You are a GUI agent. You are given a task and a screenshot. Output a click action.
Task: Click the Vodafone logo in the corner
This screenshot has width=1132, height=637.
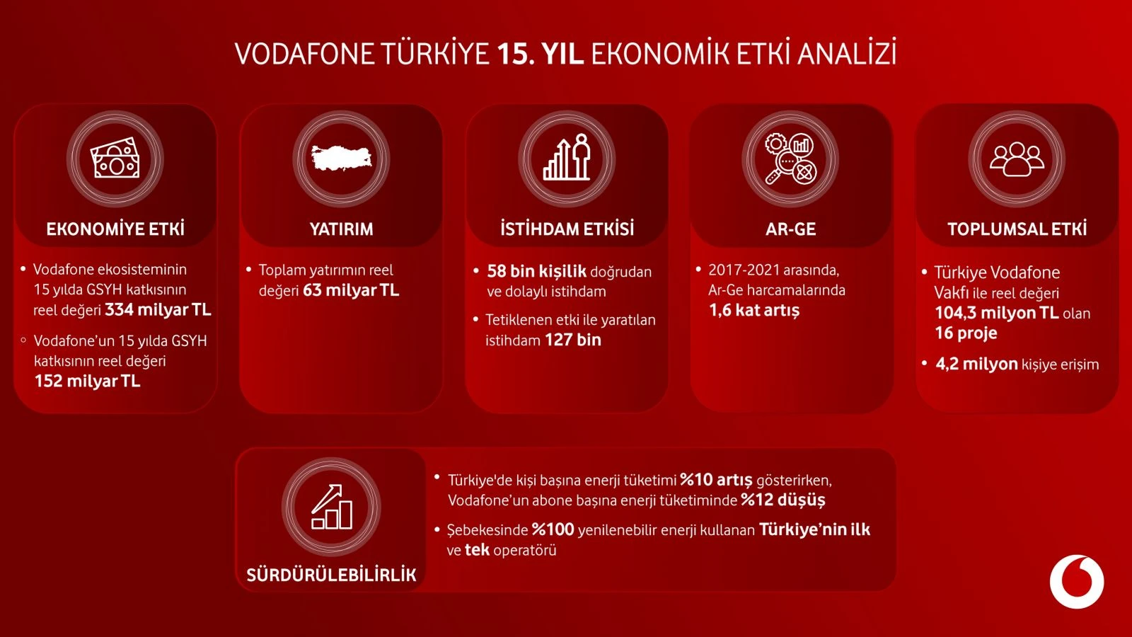(1076, 581)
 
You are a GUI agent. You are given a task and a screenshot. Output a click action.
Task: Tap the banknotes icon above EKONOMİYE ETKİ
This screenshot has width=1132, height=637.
(115, 158)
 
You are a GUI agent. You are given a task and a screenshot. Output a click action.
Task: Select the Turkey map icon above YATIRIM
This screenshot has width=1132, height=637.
(341, 157)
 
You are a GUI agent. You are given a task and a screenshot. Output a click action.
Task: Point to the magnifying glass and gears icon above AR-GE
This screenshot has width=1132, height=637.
(790, 159)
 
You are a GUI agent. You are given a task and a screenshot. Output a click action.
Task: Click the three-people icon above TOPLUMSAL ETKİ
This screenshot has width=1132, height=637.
(1017, 159)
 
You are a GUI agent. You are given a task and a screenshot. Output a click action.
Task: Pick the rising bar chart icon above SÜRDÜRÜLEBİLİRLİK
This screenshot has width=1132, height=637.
(332, 507)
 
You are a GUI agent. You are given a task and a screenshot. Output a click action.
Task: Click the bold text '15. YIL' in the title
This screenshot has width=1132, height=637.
(541, 54)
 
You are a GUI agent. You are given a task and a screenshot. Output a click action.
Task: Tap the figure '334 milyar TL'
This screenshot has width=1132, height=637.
(158, 310)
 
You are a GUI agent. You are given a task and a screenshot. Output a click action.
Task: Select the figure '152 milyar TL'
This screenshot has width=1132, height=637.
(88, 381)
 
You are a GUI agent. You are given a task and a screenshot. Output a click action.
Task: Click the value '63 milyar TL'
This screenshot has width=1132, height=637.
(351, 290)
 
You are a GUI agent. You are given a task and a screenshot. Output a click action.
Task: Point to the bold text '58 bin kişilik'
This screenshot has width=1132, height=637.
(536, 272)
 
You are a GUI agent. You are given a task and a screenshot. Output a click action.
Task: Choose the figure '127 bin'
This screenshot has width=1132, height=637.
(573, 340)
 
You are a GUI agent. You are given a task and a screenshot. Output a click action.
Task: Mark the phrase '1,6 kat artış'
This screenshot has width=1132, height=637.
(754, 311)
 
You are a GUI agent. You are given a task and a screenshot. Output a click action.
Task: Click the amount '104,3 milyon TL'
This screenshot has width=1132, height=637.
(997, 313)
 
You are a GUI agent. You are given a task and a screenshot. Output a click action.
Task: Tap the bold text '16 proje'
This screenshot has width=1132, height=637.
(966, 333)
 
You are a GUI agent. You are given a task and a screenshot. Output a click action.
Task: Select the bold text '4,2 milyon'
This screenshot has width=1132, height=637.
(976, 364)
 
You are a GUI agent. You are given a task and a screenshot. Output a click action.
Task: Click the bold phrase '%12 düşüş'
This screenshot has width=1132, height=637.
(782, 500)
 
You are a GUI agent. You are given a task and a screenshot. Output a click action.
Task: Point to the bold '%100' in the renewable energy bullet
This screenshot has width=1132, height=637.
(553, 530)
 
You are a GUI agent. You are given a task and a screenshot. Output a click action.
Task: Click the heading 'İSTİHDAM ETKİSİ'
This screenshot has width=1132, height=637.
(567, 229)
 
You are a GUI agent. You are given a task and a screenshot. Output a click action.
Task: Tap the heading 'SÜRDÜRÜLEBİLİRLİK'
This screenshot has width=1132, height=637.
(332, 575)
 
